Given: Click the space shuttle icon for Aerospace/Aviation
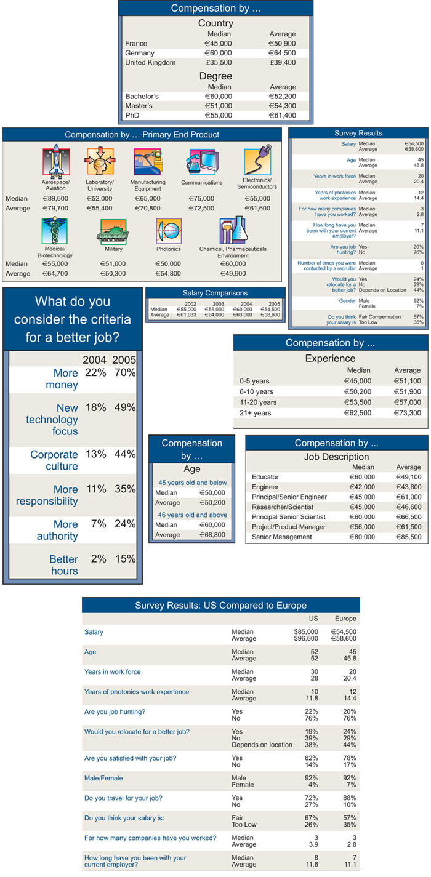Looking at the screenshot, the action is pos(56,161).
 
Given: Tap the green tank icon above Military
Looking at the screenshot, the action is pos(113,231).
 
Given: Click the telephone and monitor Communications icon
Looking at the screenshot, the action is pos(202,162).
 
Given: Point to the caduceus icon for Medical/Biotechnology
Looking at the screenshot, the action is pos(54,231).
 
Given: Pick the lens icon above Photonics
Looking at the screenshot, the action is pos(169,231).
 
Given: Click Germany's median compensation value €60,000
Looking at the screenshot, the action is pos(218,53).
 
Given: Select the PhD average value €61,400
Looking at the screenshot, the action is pos(283,115).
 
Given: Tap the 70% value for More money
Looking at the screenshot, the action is pos(125,372).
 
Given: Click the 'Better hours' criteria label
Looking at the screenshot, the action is pos(64,564).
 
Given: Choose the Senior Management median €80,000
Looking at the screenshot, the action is pos(362,537).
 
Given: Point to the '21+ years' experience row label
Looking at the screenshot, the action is pos(255,413).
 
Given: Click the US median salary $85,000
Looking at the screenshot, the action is pos(306,631).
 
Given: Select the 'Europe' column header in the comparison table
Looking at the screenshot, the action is pos(345,619).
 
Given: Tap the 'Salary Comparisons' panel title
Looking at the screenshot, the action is pos(215,293).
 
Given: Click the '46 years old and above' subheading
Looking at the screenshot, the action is pos(192,515).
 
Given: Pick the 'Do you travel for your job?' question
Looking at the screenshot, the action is pos(123,798).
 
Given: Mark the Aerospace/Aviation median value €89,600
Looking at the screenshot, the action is pos(55,199).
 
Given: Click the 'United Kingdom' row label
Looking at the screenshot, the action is pos(150,62).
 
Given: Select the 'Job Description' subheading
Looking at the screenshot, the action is pos(337,457).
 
